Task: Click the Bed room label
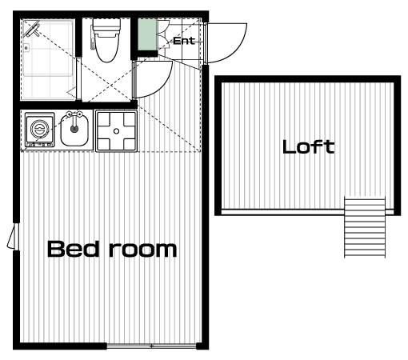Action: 112,249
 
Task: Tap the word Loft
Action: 309,147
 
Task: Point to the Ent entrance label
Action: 184,41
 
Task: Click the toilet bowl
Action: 106,46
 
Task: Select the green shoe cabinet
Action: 147,34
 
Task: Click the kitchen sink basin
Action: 74,130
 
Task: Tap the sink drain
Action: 74,129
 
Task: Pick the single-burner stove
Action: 40,130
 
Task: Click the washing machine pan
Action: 116,131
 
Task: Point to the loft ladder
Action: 365,227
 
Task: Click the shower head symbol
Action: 31,29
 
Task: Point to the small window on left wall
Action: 14,236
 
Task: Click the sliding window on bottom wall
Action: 151,346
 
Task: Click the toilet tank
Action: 106,25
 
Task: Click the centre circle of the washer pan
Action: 116,131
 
